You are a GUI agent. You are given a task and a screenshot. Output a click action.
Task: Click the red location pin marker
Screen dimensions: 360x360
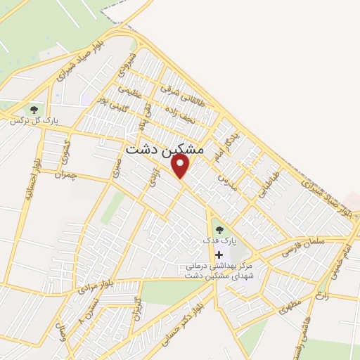(181, 165)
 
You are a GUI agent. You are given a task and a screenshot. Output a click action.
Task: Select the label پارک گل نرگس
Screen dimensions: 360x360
(34, 122)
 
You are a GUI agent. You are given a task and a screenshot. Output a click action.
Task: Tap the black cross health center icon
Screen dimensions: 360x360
(218, 254)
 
